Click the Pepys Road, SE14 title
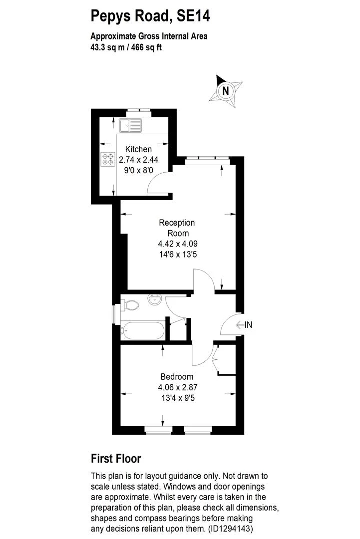pos(150,16)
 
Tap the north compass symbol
pos(226,90)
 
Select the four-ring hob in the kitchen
pos(107,159)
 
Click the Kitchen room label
pos(138,149)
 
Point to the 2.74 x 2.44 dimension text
pos(138,160)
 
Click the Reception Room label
pos(177,228)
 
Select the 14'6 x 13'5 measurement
pos(177,254)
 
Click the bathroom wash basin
pos(154,300)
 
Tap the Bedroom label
pos(177,377)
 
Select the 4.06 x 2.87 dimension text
pos(177,387)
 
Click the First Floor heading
pos(116,458)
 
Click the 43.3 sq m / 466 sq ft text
pos(126,48)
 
